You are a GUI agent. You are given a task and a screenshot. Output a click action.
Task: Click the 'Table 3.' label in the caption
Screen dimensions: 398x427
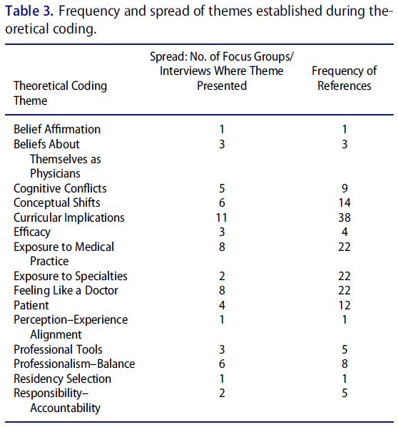click(29, 11)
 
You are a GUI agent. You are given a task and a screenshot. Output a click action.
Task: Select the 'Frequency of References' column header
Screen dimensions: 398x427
click(345, 78)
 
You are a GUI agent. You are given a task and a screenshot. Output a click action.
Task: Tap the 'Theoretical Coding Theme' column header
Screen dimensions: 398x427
click(60, 93)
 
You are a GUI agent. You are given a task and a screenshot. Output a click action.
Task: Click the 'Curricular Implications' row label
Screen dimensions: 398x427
click(69, 218)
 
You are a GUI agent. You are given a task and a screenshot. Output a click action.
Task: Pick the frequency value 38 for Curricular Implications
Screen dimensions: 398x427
click(345, 218)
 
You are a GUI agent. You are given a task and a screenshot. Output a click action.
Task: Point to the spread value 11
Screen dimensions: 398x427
click(222, 218)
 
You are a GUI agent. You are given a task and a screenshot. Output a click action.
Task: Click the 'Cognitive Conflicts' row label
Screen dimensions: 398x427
click(60, 188)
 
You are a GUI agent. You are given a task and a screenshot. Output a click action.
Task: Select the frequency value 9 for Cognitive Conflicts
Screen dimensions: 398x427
click(345, 188)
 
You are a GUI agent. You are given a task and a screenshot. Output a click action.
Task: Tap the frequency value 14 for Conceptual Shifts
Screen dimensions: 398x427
click(345, 203)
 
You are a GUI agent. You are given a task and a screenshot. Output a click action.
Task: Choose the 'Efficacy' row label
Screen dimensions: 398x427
click(32, 232)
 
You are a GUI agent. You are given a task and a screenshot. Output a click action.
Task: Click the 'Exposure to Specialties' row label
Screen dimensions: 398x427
click(71, 277)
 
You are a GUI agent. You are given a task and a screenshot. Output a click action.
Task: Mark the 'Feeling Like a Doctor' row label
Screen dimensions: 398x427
click(66, 291)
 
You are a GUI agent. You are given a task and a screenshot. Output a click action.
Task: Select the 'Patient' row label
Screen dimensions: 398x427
click(31, 305)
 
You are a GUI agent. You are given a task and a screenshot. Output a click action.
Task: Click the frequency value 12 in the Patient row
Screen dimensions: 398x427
click(345, 305)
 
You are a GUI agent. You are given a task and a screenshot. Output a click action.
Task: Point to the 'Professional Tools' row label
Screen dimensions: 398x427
click(58, 350)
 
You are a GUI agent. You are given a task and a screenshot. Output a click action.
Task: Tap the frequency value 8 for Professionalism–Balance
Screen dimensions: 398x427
click(345, 364)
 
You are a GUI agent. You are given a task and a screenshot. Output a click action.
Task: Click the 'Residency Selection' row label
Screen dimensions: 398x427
click(62, 379)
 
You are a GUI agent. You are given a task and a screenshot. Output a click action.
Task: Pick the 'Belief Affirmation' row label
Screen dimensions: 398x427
click(57, 129)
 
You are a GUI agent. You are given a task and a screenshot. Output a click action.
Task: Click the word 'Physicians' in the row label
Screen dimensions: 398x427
click(55, 174)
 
